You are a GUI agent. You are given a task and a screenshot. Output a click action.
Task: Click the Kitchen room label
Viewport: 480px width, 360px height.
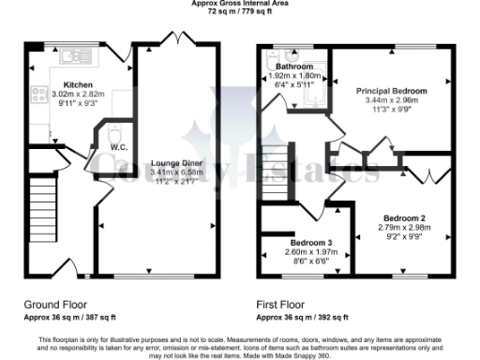coord(52,83)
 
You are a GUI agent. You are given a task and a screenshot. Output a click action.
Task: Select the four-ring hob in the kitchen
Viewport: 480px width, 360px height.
coord(40,95)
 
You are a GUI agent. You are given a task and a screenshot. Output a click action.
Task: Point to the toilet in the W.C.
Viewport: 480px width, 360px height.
coord(115,131)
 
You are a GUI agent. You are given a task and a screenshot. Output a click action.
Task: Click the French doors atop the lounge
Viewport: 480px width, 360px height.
coord(176,39)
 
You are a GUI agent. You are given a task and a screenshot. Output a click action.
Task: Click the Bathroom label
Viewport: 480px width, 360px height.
coord(294,67)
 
